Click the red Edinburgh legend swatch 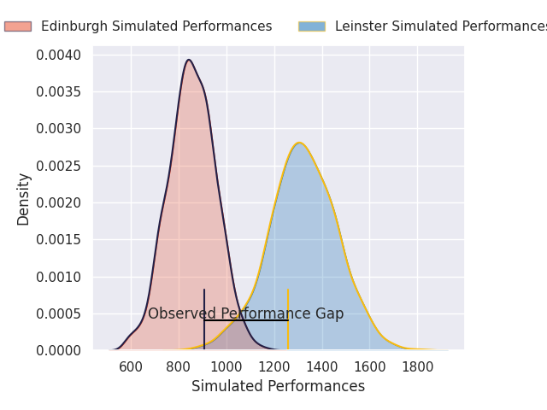(x=17, y=26)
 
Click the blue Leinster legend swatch (x=311, y=26)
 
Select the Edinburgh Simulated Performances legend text (x=156, y=26)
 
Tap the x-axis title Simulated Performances (x=278, y=386)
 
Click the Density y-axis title (x=24, y=198)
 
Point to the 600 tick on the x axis (x=131, y=367)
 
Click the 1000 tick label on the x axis (x=226, y=367)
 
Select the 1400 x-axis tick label (x=322, y=367)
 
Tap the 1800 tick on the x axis (x=417, y=367)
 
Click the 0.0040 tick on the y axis (x=60, y=56)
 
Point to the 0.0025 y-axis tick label (x=60, y=166)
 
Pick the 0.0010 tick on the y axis (x=60, y=277)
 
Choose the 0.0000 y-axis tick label (x=60, y=350)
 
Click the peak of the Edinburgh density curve (x=189, y=60)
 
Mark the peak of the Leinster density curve (x=299, y=143)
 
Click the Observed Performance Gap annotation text (x=245, y=314)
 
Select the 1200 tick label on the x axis (x=274, y=367)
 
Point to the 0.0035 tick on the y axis (x=60, y=92)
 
